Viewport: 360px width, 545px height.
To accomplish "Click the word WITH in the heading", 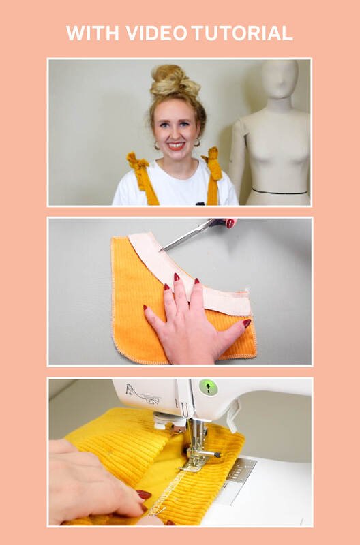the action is click(93, 33).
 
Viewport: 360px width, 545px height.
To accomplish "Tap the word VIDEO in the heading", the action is click(157, 33).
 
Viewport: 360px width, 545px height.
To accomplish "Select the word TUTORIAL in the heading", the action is click(242, 33).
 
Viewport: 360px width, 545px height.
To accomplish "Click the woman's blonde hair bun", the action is click(170, 80).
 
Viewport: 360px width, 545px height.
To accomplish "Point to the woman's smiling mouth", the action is click(176, 145).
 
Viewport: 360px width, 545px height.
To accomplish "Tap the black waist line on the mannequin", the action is click(280, 191).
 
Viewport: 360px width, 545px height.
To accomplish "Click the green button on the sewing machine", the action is click(208, 387).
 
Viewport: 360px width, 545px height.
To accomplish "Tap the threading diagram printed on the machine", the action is click(142, 394).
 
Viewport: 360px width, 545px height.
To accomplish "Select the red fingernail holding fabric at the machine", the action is click(144, 495).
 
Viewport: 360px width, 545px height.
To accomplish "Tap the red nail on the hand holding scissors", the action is click(230, 223).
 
